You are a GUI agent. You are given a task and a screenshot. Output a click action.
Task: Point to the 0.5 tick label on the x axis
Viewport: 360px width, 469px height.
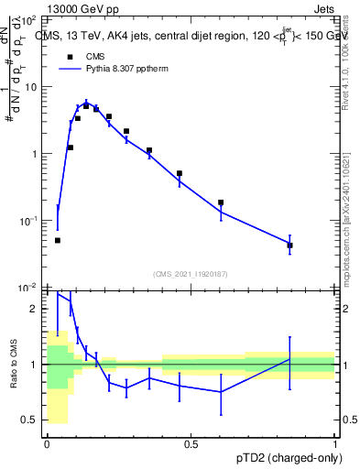(x=191, y=444)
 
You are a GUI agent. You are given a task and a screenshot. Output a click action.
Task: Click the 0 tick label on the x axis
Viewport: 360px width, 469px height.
(x=47, y=444)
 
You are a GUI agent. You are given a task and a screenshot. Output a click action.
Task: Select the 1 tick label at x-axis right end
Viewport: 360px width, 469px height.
(x=334, y=444)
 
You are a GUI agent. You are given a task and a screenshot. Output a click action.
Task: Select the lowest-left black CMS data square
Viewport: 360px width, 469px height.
(x=58, y=240)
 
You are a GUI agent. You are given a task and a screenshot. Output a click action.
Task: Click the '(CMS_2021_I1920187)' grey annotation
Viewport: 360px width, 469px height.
(x=191, y=274)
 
